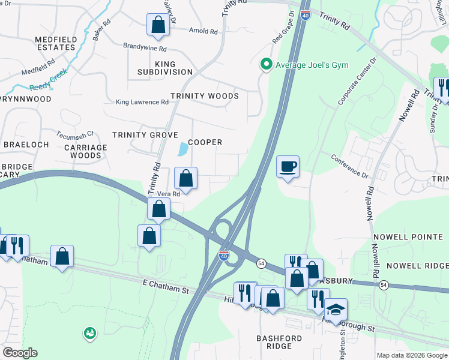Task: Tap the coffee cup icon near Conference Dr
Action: (x=288, y=167)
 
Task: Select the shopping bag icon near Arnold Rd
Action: (x=158, y=25)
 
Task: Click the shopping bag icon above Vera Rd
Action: (x=185, y=178)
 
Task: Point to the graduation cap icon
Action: (x=336, y=310)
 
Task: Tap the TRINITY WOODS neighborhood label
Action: (x=205, y=96)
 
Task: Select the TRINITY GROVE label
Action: (x=147, y=135)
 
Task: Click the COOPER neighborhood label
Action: (x=205, y=142)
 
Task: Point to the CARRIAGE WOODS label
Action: (x=85, y=151)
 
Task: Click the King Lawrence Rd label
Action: (x=142, y=103)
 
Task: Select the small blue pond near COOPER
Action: (x=182, y=148)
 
